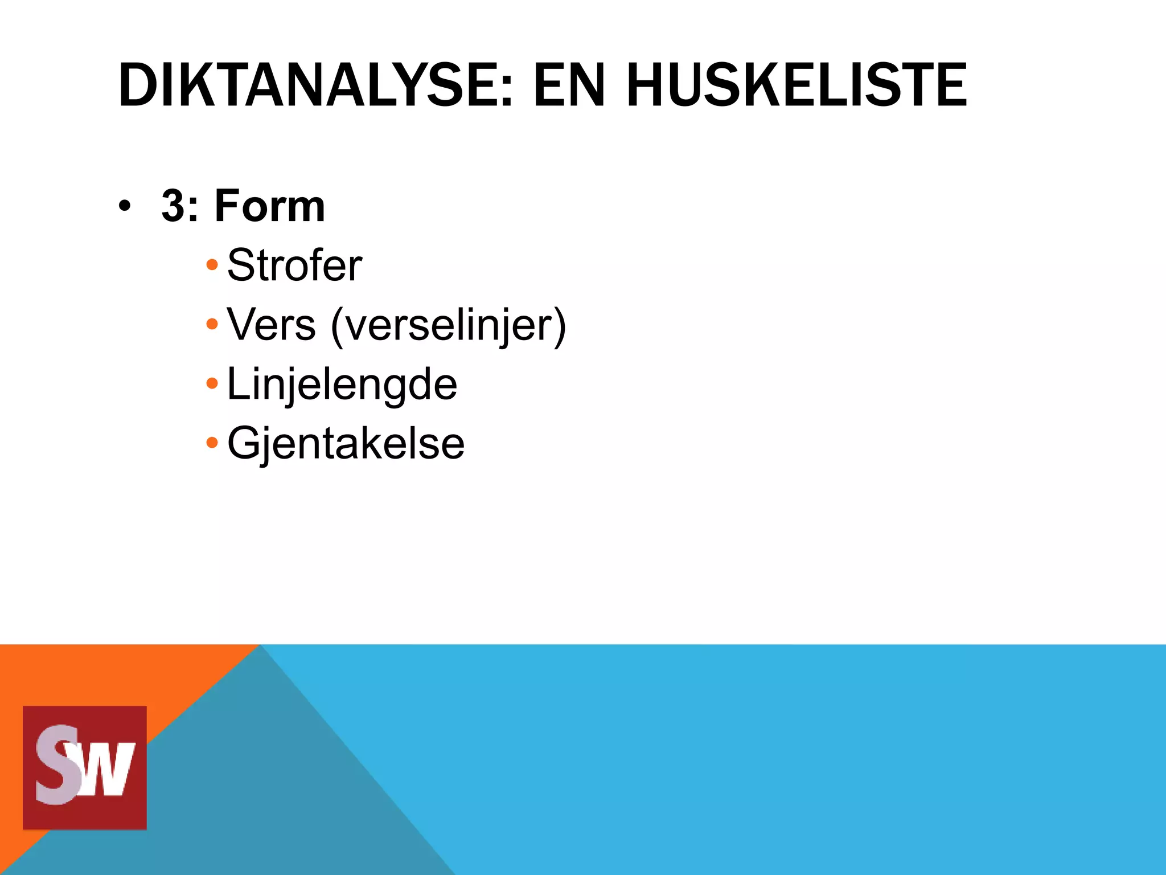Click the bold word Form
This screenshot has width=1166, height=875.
tap(269, 206)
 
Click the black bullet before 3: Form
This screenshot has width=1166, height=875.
tap(125, 206)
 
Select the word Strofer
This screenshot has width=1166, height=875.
tap(294, 265)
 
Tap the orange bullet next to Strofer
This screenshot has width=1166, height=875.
tap(212, 265)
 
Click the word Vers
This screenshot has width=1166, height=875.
tap(271, 325)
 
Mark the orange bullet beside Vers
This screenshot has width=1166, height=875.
tap(212, 325)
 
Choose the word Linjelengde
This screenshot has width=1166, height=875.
tap(342, 385)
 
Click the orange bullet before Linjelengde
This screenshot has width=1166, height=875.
tap(212, 383)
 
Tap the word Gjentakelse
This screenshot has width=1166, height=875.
tap(346, 443)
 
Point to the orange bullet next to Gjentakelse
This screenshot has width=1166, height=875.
tap(212, 443)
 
